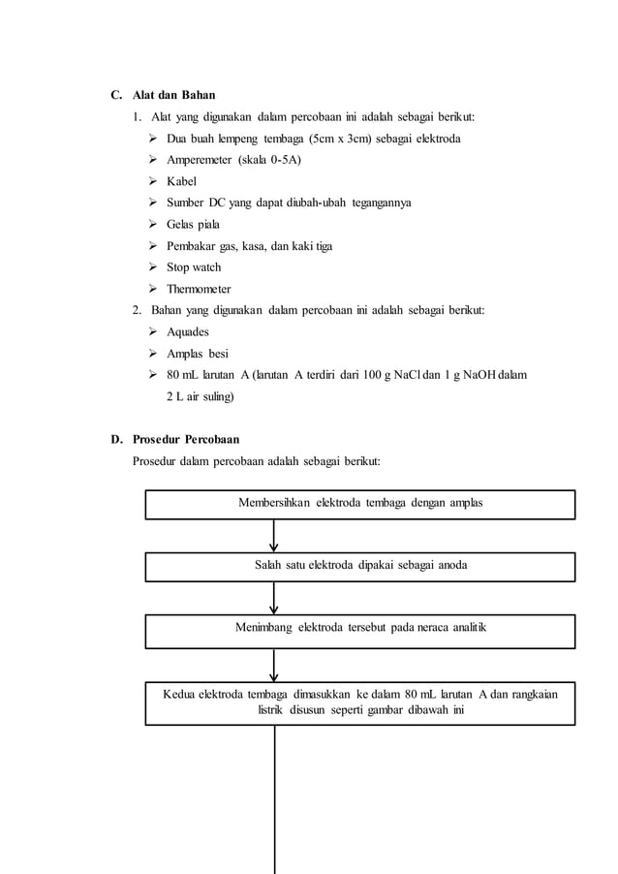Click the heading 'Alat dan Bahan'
(173, 95)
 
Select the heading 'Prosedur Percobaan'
(186, 439)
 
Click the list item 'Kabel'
(181, 181)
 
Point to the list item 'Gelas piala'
(193, 224)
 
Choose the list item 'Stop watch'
(194, 267)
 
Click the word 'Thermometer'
(199, 289)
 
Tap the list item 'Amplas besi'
(198, 353)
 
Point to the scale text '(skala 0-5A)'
(270, 160)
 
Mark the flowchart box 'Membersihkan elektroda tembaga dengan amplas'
(360, 504)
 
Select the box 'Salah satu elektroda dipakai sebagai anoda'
(360, 566)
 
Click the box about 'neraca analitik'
(360, 630)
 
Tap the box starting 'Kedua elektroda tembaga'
(360, 703)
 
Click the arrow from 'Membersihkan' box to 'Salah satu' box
(274, 536)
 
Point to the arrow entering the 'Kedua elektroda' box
(274, 667)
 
